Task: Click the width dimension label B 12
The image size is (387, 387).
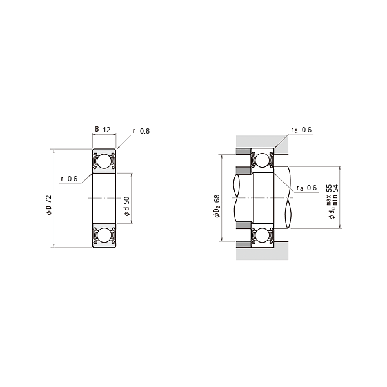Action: pyautogui.click(x=103, y=130)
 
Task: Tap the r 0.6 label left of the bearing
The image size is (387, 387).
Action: pyautogui.click(x=69, y=179)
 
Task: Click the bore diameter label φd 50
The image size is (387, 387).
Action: pyautogui.click(x=126, y=206)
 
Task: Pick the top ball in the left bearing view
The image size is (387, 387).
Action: pyautogui.click(x=103, y=161)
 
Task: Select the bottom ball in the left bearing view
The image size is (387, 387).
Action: pyautogui.click(x=103, y=235)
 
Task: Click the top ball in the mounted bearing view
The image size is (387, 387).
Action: pyautogui.click(x=263, y=161)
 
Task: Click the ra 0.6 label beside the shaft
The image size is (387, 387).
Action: pyautogui.click(x=306, y=188)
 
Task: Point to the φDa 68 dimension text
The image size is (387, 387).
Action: pyautogui.click(x=217, y=206)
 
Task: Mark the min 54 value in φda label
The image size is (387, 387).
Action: pyautogui.click(x=335, y=192)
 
